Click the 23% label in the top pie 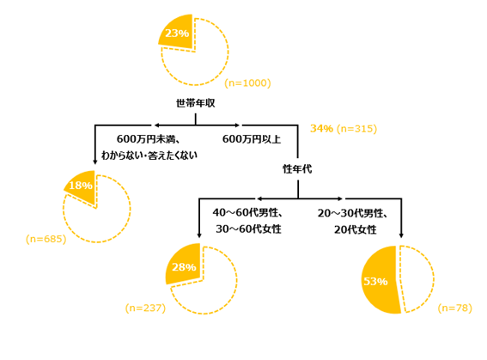pos(177,33)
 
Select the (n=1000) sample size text pos(248,83)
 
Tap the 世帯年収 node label pos(195,103)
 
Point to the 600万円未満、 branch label pos(149,139)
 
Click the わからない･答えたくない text pos(149,155)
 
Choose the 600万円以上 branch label pos(252,139)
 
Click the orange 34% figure pos(321,128)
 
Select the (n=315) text pos(356,129)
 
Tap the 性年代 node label pos(297,169)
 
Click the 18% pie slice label pos(81,186)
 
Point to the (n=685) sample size pos(46,239)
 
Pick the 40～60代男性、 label pos(247,212)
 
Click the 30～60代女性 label pos(248,229)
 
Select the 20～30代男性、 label pos(352,213)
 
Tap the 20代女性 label pos(356,229)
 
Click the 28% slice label pos(184,267)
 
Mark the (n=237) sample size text pos(145,308)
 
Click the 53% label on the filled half pos(375,281)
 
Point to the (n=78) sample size pos(455,308)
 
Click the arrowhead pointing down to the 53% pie pos(401,235)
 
